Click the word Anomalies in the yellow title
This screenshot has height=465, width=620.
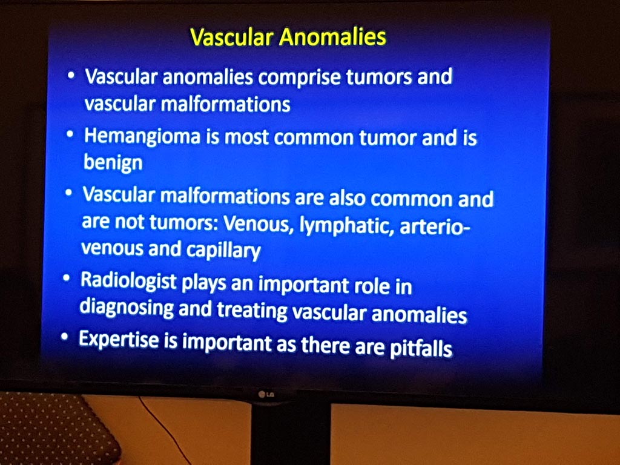(332, 37)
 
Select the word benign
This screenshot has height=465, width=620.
(113, 162)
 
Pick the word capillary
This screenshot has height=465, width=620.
(223, 250)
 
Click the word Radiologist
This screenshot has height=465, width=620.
(128, 281)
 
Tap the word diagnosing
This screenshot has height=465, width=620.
(127, 308)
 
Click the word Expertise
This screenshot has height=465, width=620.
(118, 339)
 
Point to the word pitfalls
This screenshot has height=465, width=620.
(421, 348)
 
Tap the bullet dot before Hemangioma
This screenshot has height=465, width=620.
(70, 134)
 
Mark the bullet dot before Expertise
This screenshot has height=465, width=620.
(64, 337)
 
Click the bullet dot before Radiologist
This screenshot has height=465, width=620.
(67, 279)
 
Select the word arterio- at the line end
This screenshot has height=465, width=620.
(435, 228)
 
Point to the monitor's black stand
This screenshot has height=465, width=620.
(291, 433)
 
